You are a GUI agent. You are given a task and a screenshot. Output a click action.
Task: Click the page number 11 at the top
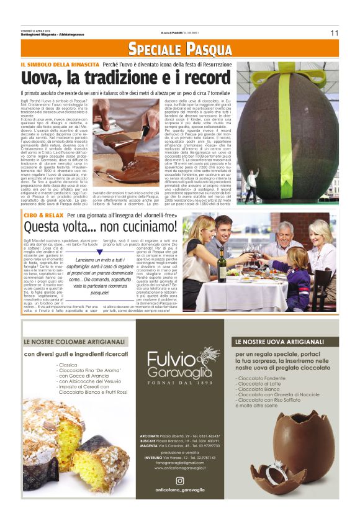pyautogui.click(x=334, y=32)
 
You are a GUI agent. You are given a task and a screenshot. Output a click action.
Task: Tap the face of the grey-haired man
pyautogui.click(x=286, y=231)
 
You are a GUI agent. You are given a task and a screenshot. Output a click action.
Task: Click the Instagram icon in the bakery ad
pyautogui.click(x=180, y=480)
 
